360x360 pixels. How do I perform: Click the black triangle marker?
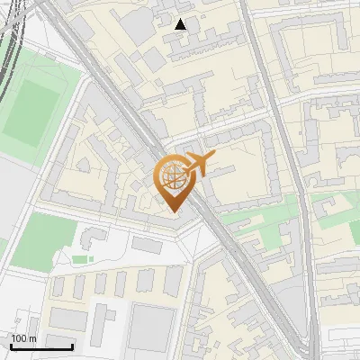coord(181,24)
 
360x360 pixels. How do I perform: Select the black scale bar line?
coord(41,346)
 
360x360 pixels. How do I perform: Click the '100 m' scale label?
coord(23,338)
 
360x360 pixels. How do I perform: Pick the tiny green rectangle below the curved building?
coord(82,259)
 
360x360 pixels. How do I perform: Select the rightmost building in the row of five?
coord(173,281)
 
